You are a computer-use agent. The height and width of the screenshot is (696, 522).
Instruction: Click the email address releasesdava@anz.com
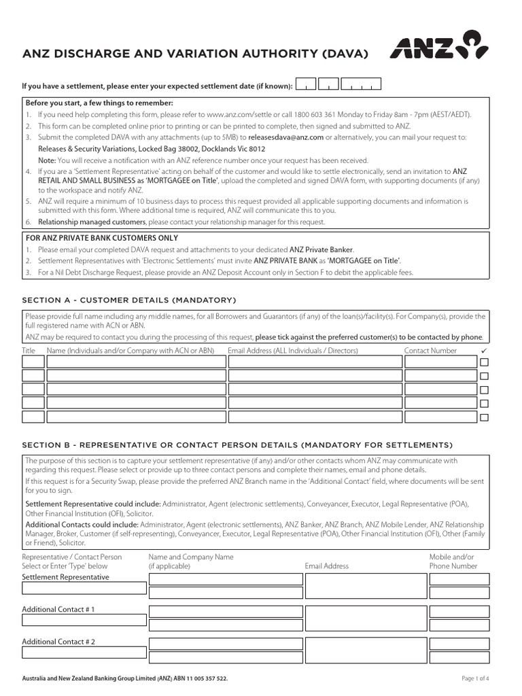285,137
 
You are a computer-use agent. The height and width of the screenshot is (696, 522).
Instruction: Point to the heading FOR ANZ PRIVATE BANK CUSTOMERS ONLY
101,238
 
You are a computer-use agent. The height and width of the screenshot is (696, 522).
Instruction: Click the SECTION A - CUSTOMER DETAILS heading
129,300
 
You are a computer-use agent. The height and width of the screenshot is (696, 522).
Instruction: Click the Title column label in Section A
29,351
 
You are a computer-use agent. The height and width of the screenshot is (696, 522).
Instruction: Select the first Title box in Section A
33,362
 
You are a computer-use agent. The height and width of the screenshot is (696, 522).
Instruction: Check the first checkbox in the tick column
484,362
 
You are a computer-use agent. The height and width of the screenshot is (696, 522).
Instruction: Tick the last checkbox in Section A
484,417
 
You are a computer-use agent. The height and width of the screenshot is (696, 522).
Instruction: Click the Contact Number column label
430,351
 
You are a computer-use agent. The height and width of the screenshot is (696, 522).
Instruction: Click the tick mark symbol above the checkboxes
484,350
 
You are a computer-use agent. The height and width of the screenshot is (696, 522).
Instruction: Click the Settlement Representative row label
65,577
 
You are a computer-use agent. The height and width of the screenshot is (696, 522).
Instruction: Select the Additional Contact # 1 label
58,610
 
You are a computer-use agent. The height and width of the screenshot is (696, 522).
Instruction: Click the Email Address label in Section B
326,566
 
